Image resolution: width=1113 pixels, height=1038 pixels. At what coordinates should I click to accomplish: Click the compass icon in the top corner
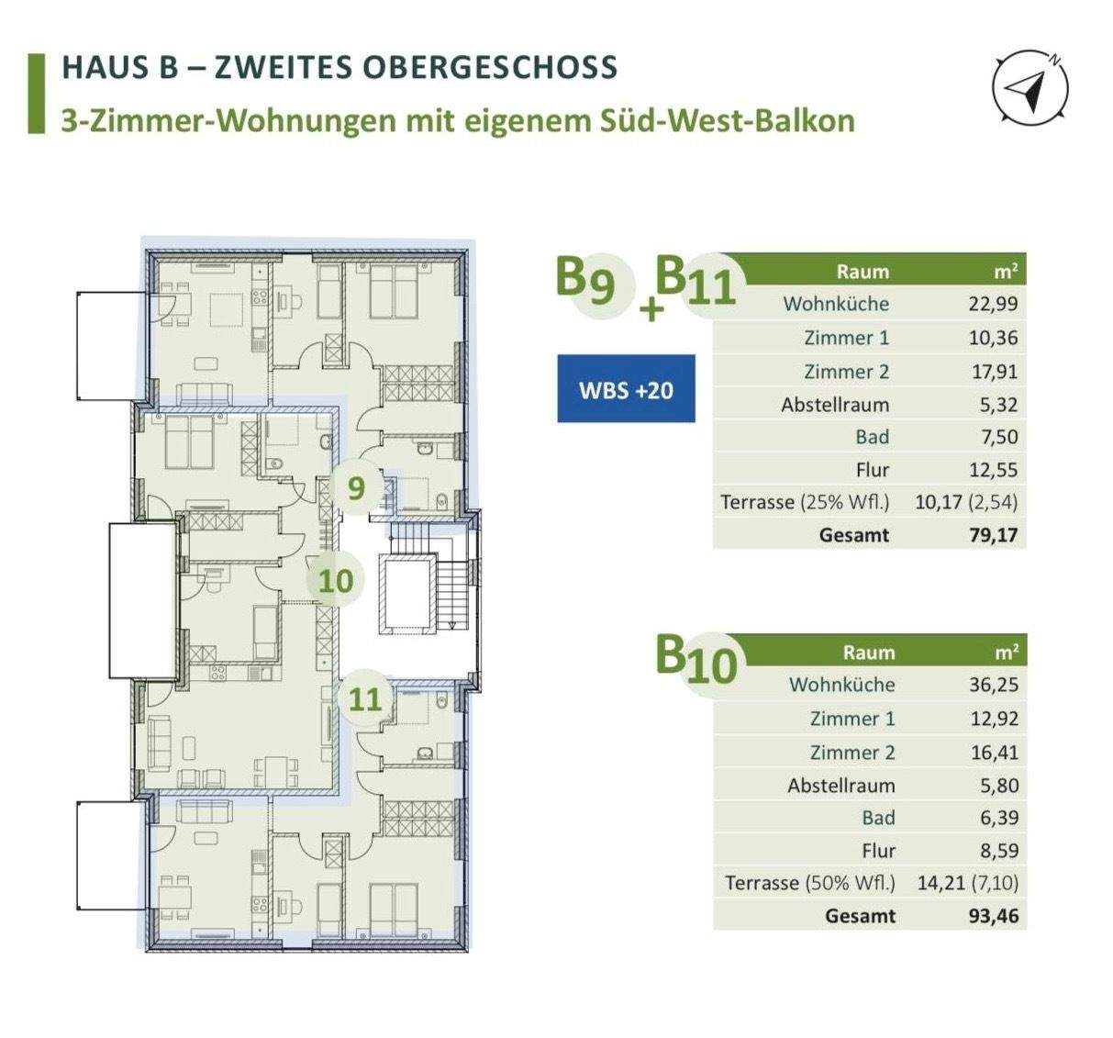1030,88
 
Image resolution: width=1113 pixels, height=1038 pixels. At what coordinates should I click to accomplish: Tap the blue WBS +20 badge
626,389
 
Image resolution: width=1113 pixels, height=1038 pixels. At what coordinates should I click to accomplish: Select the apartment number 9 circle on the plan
356,487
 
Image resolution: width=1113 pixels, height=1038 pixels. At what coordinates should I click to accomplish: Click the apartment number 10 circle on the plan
335,580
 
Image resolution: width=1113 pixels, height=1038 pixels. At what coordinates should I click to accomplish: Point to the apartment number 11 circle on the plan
364,699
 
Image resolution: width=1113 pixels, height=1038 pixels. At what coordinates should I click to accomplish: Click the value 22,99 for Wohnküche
993,304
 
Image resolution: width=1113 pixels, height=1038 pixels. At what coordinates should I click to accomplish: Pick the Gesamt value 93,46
994,915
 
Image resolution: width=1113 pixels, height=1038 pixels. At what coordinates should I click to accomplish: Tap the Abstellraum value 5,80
998,786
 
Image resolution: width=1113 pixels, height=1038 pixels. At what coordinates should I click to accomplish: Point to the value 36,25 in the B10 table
994,685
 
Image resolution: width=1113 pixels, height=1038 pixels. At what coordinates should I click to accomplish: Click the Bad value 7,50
998,437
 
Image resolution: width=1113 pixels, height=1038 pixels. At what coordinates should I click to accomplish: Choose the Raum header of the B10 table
868,652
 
